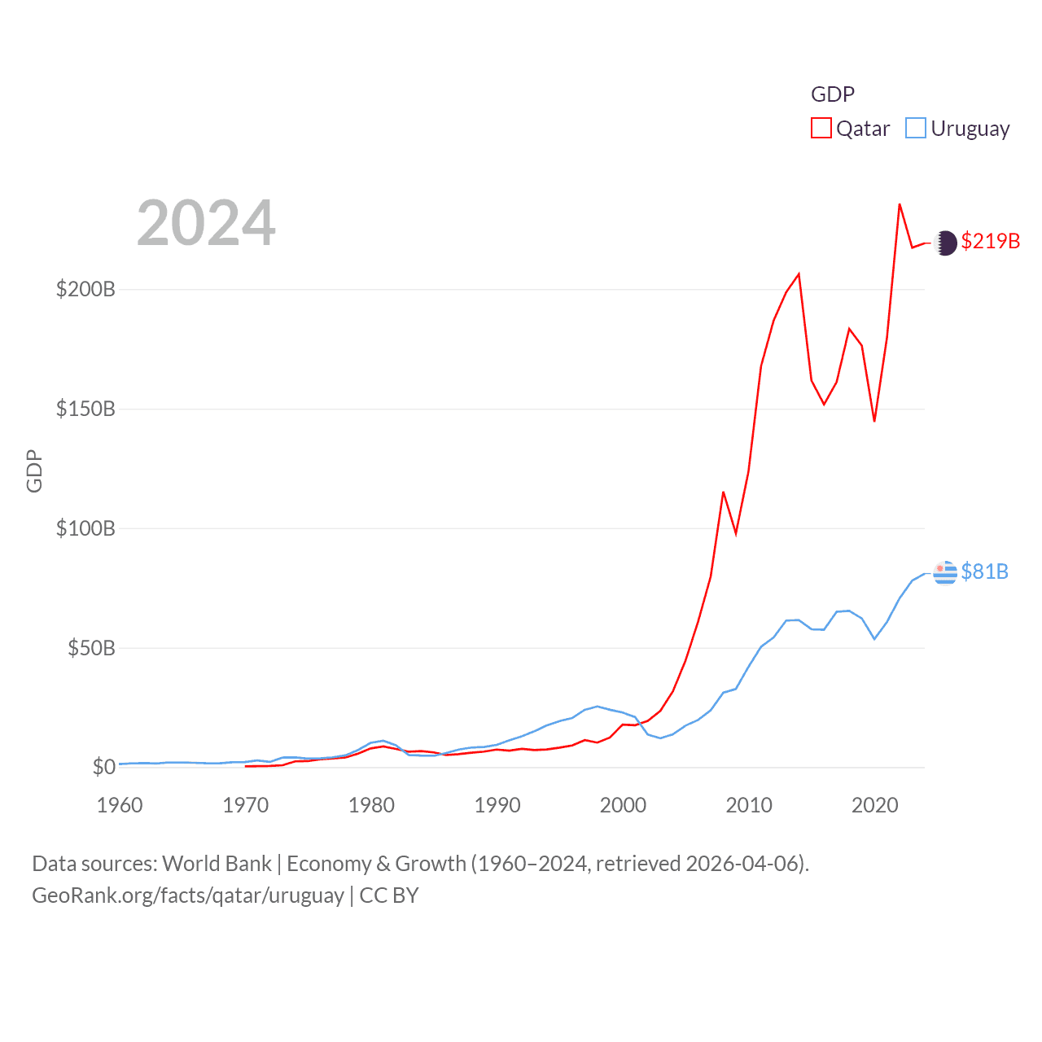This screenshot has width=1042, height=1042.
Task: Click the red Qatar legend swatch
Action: point(821,129)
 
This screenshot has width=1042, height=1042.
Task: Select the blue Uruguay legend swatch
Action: point(916,129)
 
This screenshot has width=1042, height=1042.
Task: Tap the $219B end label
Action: point(990,242)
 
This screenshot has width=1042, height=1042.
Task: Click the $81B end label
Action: point(984,571)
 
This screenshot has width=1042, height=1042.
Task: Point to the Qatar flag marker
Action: point(945,243)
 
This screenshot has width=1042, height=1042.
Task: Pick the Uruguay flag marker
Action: point(945,572)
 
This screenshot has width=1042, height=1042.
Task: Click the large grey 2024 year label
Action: point(206,223)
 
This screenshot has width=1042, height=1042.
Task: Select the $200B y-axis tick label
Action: point(85,290)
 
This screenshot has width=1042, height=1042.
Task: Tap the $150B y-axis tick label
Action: point(85,409)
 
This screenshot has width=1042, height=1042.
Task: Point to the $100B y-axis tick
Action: point(85,529)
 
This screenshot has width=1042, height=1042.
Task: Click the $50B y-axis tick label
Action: point(91,649)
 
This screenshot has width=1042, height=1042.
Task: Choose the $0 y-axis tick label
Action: point(103,767)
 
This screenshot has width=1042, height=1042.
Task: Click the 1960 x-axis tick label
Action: point(120,805)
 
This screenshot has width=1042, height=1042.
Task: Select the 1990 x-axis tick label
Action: point(497,805)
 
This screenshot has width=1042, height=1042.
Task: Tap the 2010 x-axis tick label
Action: point(749,805)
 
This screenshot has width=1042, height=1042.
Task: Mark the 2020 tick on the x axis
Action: point(875,805)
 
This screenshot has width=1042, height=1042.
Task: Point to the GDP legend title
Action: point(832,94)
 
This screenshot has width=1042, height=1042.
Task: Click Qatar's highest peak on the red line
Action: point(900,204)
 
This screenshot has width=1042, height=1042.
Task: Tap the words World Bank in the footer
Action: point(217,864)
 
